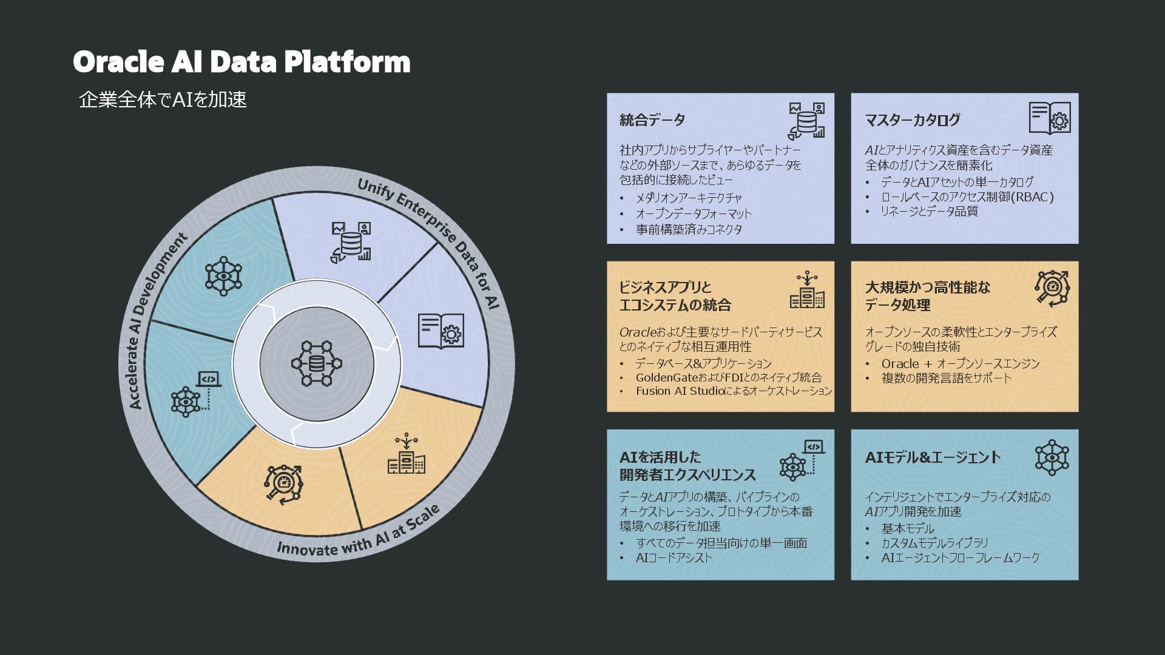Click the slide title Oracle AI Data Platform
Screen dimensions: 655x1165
click(x=241, y=62)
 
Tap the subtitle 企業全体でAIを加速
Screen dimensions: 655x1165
click(x=163, y=100)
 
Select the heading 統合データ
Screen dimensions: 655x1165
click(x=652, y=120)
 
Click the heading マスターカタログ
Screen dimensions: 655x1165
click(x=913, y=120)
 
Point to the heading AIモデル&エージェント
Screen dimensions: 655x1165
click(x=933, y=457)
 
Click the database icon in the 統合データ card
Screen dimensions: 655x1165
click(x=806, y=121)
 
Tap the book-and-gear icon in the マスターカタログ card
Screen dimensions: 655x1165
click(x=1050, y=118)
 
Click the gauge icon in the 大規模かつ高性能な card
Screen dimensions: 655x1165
click(x=1052, y=287)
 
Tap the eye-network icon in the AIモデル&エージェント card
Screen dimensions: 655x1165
click(x=1052, y=457)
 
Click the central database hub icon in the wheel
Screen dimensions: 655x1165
click(x=316, y=364)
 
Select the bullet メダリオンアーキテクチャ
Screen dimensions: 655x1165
click(x=689, y=198)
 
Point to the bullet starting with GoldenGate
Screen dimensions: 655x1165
click(x=728, y=377)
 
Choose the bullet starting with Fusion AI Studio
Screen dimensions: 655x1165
click(x=734, y=391)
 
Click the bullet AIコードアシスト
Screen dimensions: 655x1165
click(x=674, y=558)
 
